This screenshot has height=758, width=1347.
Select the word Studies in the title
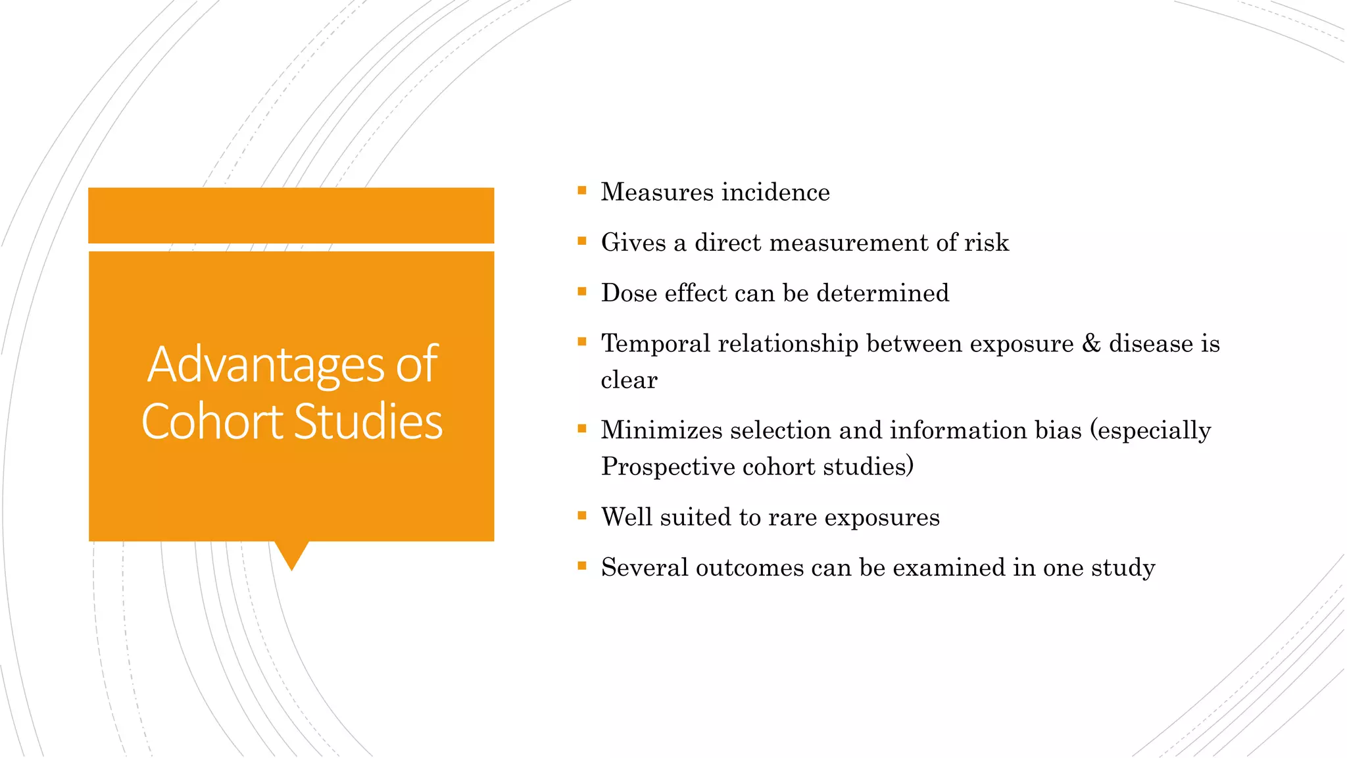[x=368, y=422]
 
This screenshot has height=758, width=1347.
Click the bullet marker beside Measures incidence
[x=582, y=191]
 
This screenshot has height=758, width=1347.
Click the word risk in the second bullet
[x=986, y=243]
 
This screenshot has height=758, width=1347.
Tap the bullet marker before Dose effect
[x=582, y=291]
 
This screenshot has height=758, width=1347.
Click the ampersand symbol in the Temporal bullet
[x=1091, y=343]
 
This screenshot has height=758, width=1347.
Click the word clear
[x=629, y=380]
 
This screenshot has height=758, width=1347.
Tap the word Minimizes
[x=661, y=430]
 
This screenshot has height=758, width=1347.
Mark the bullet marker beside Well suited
[x=582, y=516]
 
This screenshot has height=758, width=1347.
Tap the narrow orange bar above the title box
[x=291, y=215]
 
